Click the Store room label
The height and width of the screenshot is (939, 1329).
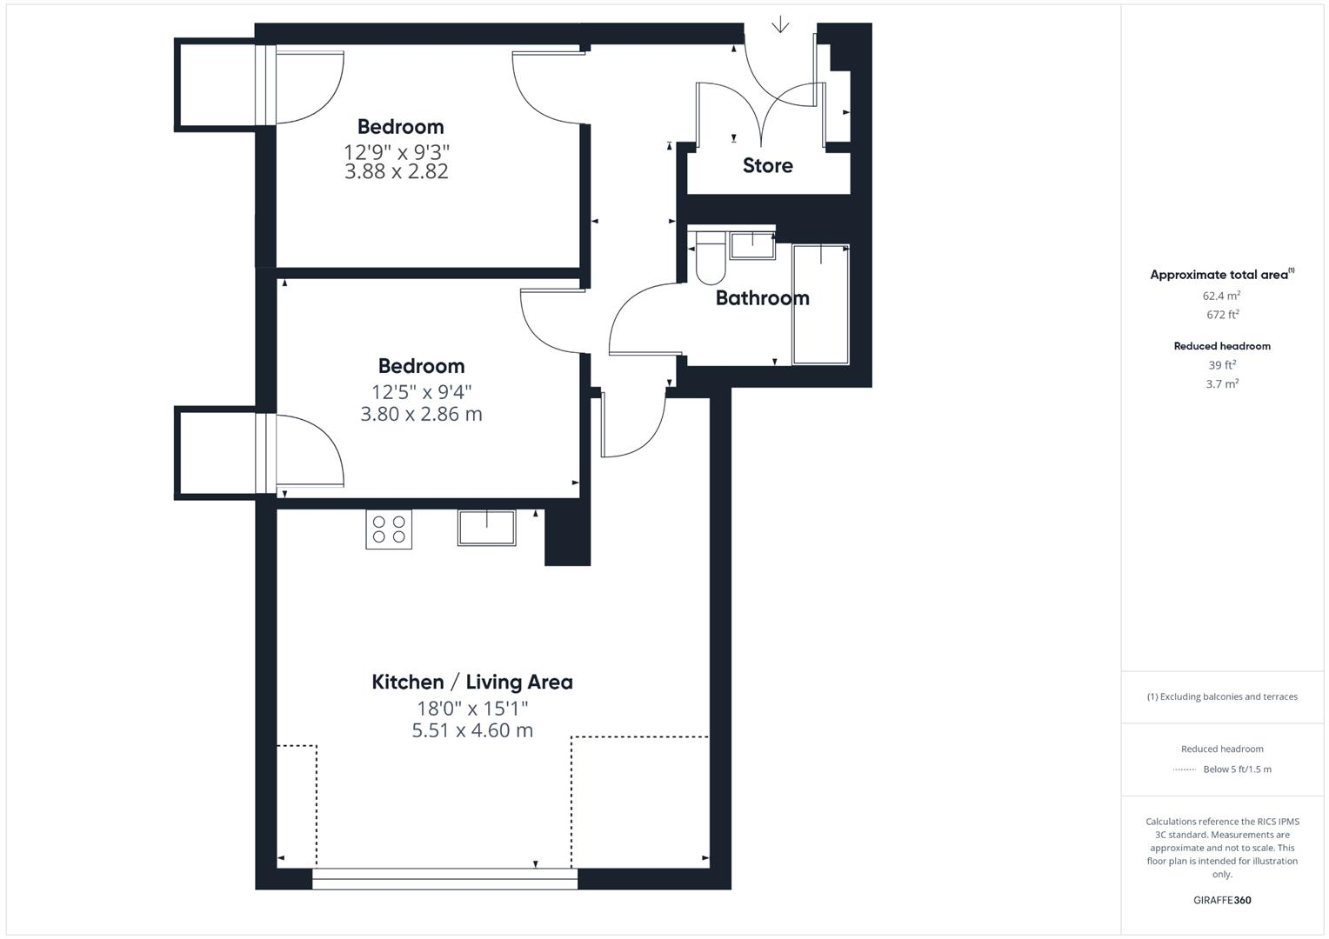(767, 165)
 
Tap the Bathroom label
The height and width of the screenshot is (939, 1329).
(762, 298)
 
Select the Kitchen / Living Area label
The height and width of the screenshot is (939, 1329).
(471, 682)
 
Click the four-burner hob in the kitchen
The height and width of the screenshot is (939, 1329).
(389, 529)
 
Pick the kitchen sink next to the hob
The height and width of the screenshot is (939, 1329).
(486, 528)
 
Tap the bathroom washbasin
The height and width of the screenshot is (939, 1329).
(752, 245)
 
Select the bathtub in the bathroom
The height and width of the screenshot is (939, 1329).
(820, 304)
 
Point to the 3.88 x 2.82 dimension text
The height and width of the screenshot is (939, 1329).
(397, 171)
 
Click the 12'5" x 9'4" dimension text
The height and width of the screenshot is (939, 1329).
(421, 392)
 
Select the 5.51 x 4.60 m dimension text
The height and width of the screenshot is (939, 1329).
(471, 730)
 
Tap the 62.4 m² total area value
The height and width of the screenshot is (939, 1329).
(1221, 296)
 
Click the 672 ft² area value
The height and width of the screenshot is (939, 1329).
(1221, 315)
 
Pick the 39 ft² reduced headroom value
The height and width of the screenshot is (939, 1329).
(1221, 365)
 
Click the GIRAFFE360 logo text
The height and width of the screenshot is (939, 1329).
(1221, 900)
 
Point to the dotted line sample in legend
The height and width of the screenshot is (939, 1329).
(1184, 769)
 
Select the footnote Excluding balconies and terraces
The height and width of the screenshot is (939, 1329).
(1221, 696)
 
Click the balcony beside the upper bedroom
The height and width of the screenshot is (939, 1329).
(216, 84)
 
